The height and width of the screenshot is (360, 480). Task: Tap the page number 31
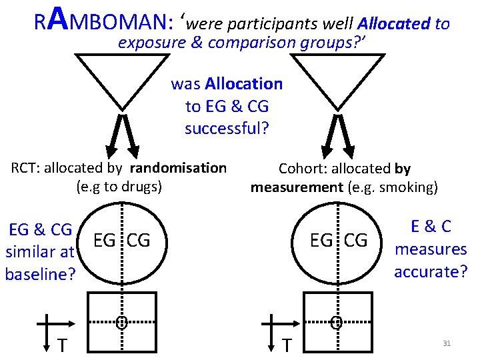tap(447, 343)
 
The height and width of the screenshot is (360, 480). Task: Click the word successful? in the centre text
tap(227, 128)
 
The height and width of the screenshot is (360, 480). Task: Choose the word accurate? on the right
tap(431, 271)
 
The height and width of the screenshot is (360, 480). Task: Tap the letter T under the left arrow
tap(61, 345)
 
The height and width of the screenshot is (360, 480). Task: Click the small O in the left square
tap(121, 323)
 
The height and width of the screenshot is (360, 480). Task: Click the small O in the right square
tap(336, 323)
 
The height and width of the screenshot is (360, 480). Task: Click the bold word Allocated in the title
tap(393, 24)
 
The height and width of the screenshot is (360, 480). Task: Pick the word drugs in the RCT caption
tap(141, 187)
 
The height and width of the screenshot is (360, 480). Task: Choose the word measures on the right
tap(431, 249)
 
